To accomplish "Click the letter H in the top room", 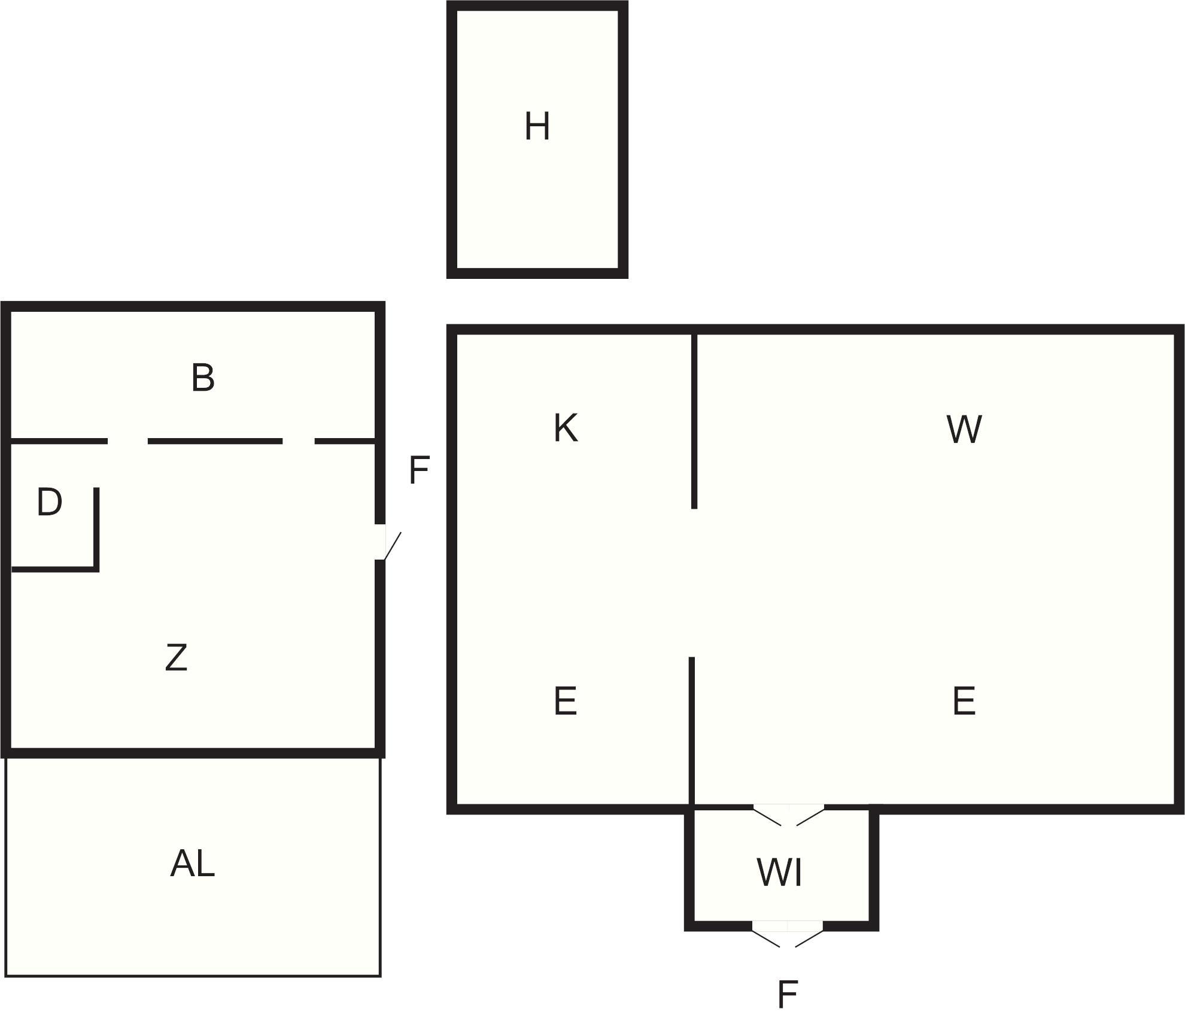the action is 537,126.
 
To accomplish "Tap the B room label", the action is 203,378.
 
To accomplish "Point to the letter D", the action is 49,502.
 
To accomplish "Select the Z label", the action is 177,658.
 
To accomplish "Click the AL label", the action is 192,864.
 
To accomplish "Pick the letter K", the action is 566,428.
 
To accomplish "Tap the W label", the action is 964,429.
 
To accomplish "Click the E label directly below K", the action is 566,701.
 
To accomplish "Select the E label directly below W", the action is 964,701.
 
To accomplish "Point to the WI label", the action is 780,872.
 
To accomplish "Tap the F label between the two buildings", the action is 419,470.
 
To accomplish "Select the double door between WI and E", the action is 789,815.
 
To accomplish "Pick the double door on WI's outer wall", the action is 788,934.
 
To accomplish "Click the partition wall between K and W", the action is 694,421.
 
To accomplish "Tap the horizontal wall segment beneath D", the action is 55,569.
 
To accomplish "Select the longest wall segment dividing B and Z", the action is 215,441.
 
